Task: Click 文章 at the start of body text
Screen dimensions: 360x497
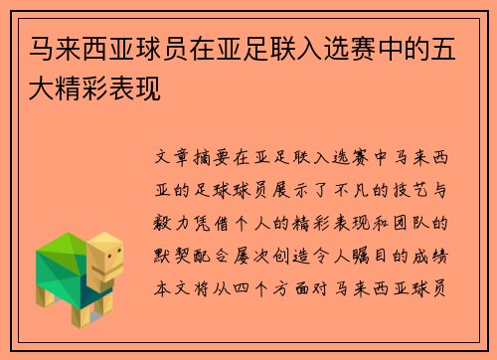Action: pos(178,157)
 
